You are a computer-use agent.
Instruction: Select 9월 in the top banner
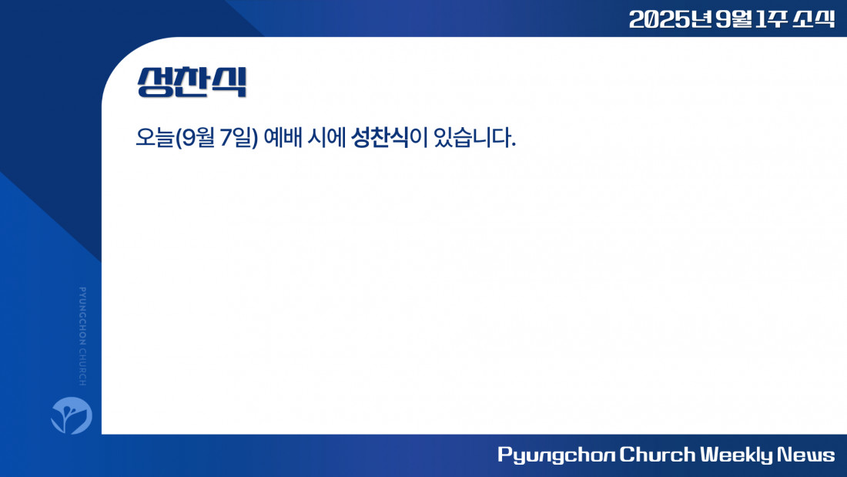[x=734, y=19]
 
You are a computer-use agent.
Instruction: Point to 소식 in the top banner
[x=814, y=19]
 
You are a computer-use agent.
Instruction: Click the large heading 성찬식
[x=192, y=82]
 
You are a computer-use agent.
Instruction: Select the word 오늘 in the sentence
[x=155, y=137]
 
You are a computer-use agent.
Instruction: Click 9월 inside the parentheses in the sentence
[x=199, y=137]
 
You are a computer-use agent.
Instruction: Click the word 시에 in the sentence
[x=326, y=137]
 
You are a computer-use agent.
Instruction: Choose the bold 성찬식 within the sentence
[x=380, y=137]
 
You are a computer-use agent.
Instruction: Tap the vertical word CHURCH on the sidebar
[x=82, y=368]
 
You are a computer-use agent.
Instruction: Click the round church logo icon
[x=72, y=415]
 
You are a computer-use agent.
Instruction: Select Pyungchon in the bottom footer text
[x=556, y=455]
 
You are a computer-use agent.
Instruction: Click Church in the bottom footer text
[x=657, y=455]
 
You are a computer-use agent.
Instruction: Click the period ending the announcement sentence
[x=513, y=145]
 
